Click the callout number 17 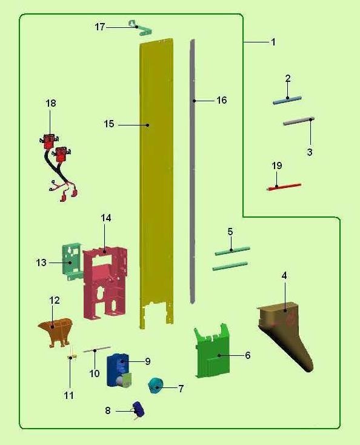tap(100, 27)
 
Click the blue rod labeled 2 tap(287, 101)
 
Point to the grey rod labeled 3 tap(299, 121)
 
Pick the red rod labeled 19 tap(284, 187)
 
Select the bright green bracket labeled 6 tap(212, 352)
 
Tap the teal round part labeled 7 tap(156, 386)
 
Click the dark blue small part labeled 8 tap(138, 409)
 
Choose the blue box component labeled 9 tap(119, 370)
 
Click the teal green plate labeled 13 tap(72, 261)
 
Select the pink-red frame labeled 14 tap(105, 283)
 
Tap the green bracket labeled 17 tap(140, 28)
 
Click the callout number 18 tap(51, 103)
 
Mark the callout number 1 tap(273, 42)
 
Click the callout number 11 tap(69, 395)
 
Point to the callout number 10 tap(95, 373)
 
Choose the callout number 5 tap(230, 232)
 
